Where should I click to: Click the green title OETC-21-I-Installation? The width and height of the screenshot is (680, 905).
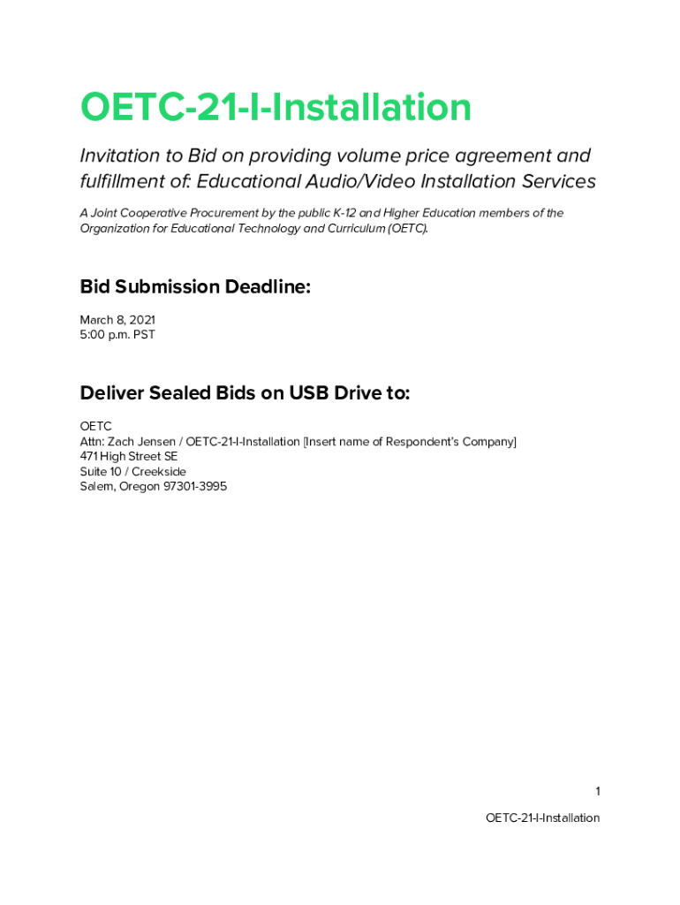(x=276, y=108)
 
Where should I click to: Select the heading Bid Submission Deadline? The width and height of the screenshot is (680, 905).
(x=195, y=287)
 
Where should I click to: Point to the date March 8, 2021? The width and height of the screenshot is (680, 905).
(x=117, y=320)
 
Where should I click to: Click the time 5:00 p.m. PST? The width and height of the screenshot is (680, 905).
(x=117, y=335)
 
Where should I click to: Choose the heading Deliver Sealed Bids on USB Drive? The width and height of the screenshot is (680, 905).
(x=245, y=393)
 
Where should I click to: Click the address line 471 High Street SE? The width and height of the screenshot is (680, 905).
(x=129, y=456)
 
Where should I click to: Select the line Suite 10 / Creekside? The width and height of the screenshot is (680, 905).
(x=132, y=471)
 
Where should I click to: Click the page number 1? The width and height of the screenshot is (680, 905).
(x=597, y=791)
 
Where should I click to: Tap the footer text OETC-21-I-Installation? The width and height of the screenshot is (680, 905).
(x=542, y=818)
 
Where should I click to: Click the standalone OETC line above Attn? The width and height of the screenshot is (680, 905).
(x=95, y=426)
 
